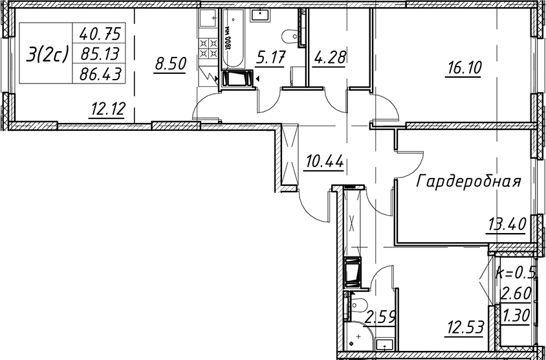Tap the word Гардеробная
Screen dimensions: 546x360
tap(468, 182)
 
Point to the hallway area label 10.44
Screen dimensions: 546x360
tap(323, 162)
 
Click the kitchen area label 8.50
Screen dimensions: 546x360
tap(171, 65)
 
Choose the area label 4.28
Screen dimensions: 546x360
tap(329, 58)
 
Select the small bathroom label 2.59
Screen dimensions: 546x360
tap(380, 318)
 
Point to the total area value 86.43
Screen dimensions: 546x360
tap(100, 74)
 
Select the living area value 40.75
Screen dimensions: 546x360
tap(100, 34)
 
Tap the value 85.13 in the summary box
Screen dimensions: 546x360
tap(100, 54)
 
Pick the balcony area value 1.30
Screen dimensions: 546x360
tap(516, 316)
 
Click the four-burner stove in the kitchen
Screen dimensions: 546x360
tap(208, 48)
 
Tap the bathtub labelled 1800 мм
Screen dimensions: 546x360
tap(234, 39)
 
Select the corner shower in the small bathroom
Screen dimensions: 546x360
tap(358, 336)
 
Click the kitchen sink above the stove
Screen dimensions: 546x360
tap(208, 17)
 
